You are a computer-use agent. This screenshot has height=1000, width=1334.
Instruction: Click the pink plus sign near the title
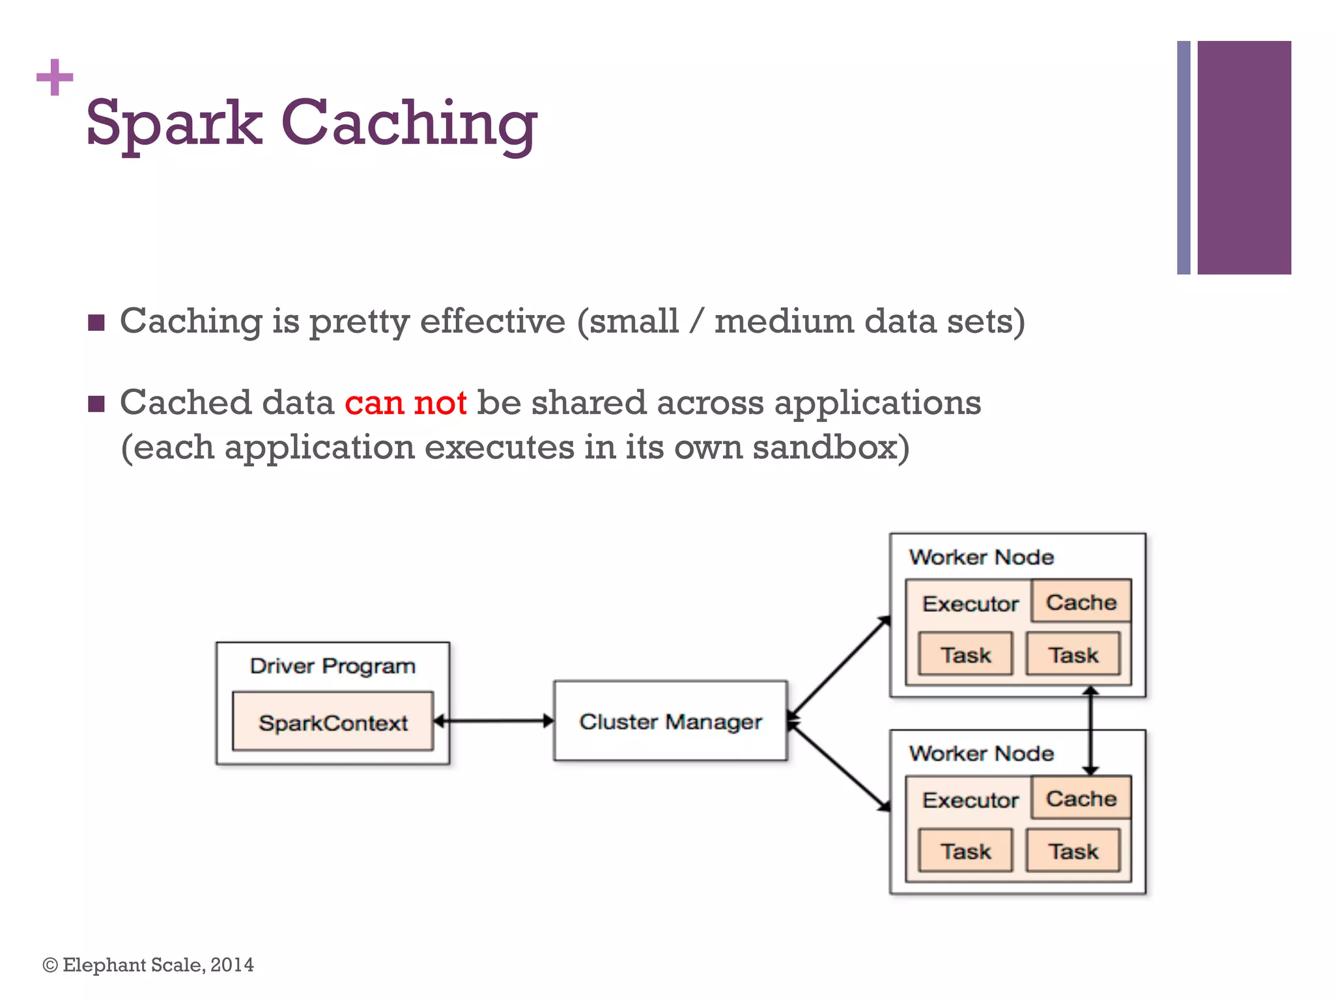click(x=55, y=77)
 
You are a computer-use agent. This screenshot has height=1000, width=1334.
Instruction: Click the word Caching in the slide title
click(x=409, y=123)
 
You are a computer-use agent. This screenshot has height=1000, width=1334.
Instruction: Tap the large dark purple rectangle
click(x=1243, y=158)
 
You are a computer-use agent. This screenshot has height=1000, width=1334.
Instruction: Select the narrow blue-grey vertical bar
click(x=1184, y=158)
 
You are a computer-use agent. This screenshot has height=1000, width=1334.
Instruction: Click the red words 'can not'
click(x=405, y=403)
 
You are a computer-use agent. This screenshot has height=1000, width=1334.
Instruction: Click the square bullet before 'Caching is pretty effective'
click(x=96, y=323)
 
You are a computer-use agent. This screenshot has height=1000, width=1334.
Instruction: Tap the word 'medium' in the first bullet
click(x=784, y=322)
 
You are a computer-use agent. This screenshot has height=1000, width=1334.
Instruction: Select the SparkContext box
click(x=333, y=722)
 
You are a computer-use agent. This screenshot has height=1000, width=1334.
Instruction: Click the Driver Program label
click(x=333, y=666)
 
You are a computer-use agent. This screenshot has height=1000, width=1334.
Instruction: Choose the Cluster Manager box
click(x=670, y=721)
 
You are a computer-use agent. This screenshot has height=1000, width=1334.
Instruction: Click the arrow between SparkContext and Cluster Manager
click(x=494, y=721)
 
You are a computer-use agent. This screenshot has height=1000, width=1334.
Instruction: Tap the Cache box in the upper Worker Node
click(x=1081, y=602)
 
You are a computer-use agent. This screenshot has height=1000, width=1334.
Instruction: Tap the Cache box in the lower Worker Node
click(x=1081, y=799)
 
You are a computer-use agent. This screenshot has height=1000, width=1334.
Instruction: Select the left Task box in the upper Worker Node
click(x=965, y=654)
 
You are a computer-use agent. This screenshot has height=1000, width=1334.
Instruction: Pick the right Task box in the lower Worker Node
click(x=1073, y=851)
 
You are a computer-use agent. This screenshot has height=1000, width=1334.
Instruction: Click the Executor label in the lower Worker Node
click(x=970, y=800)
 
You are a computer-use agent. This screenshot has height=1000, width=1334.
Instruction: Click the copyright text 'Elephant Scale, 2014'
click(x=158, y=965)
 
